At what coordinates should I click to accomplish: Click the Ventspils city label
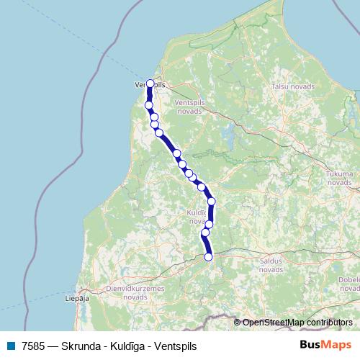[150, 85]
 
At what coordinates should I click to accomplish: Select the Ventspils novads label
[189, 107]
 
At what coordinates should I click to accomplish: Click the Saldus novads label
[271, 264]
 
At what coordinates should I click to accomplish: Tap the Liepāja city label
[76, 296]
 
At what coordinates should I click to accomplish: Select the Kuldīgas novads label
[197, 217]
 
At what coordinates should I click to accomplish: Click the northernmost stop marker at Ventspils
[150, 84]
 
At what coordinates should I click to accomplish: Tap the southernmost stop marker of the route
[209, 257]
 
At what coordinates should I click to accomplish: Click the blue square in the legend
[11, 346]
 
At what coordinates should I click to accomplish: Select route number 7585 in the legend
[33, 346]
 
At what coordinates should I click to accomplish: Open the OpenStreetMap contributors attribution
[297, 323]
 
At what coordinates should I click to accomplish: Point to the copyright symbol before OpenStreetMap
[238, 323]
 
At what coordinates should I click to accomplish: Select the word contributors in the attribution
[329, 323]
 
